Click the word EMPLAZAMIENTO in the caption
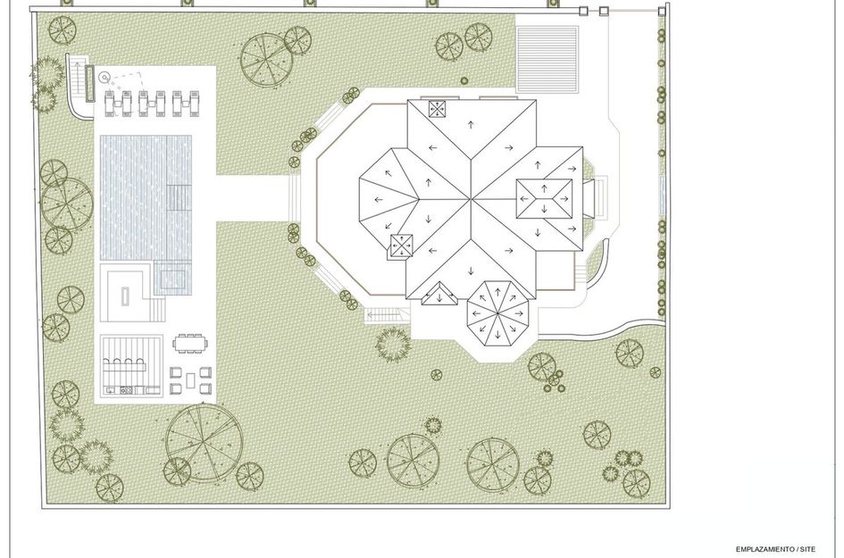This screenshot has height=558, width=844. pos(766,549)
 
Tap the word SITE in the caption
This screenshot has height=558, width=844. pos(807,549)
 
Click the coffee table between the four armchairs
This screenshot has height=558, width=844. pos(191,380)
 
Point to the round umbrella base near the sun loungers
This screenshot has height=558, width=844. pos(104,78)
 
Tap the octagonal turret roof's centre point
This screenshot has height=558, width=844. pos(497,313)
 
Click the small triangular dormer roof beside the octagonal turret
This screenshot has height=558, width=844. pos(439,294)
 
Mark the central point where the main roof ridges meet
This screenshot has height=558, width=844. pos(472,200)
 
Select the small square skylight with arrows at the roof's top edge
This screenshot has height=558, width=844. pos(438,109)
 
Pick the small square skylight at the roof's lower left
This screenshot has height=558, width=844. pos(402,246)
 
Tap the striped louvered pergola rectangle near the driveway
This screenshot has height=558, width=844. pos(547,60)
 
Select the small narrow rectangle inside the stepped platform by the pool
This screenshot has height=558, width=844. pos(125,296)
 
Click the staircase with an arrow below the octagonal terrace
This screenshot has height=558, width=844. pos(383,315)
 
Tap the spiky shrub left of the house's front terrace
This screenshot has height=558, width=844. pos(393,345)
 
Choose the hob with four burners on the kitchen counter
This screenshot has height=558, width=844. pos(127,391)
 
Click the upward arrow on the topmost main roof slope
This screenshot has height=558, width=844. pos(471,125)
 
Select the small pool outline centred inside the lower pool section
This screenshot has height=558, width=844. pos(171,278)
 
